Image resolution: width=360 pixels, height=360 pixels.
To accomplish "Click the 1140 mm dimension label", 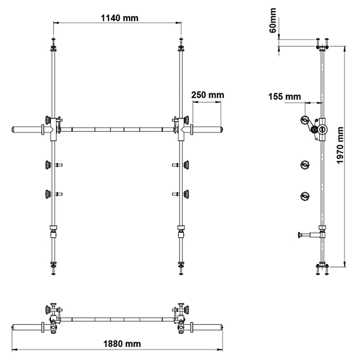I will click(x=119, y=18).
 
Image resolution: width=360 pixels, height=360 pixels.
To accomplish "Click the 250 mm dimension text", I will click(x=207, y=95).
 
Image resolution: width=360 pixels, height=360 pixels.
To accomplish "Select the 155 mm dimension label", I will click(x=284, y=96).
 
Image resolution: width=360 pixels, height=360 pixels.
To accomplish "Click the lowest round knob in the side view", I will click(x=305, y=196).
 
